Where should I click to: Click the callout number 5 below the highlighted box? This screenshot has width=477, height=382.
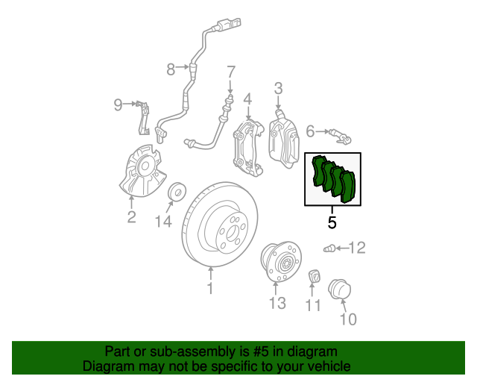coord(332,222)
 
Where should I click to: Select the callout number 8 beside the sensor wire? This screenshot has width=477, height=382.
coord(171,69)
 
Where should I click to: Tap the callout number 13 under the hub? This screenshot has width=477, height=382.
coord(277,303)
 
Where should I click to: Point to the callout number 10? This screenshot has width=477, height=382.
coord(348,319)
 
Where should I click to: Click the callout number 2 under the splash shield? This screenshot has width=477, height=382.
coord(131,217)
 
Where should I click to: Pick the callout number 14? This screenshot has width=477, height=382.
coord(164,221)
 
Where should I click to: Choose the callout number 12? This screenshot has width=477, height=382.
coord(357,248)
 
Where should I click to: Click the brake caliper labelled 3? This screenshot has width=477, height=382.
coord(284,140)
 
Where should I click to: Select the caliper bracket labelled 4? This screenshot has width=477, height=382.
coord(248,148)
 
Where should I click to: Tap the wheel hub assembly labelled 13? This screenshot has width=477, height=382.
coord(280,262)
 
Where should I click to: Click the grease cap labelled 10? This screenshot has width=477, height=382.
coord(340,289)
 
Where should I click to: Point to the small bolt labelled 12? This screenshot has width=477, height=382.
coord(329,249)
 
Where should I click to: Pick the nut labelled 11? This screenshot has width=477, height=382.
coord(315,277)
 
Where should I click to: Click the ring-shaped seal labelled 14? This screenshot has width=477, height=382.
coord(177,192)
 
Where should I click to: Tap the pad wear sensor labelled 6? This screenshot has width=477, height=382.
coord(341,137)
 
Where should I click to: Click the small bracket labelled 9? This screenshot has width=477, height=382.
coord(143,118)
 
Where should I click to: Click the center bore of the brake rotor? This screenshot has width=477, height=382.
coord(232,234)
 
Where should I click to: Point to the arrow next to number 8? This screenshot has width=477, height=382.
coord(183,66)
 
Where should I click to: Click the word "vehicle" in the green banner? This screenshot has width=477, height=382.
coord(329,366)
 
